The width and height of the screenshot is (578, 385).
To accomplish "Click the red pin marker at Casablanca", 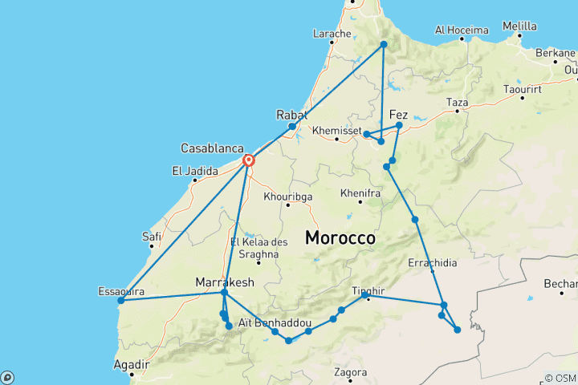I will pos(249,159).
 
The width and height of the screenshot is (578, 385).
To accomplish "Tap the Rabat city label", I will pos(291,115).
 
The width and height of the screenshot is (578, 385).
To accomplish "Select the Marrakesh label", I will pos(225,282).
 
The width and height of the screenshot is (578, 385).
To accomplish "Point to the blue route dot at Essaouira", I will pos(120,301).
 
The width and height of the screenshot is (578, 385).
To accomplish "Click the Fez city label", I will pos(398,115).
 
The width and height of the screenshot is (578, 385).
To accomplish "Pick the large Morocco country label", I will pos(340,238).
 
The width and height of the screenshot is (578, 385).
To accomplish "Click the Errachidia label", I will pos(433,262).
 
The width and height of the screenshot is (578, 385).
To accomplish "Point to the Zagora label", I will pos(351,372).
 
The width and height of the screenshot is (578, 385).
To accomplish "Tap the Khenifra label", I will pos(360,193).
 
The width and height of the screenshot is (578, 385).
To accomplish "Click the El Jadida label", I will pos(192,170).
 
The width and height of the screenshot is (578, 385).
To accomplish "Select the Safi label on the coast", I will pos(152,236).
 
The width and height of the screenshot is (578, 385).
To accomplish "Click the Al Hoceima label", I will pos(462,30).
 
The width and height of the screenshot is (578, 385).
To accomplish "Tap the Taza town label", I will pos(457,103).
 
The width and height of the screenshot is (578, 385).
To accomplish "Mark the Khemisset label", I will pos(338,129).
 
